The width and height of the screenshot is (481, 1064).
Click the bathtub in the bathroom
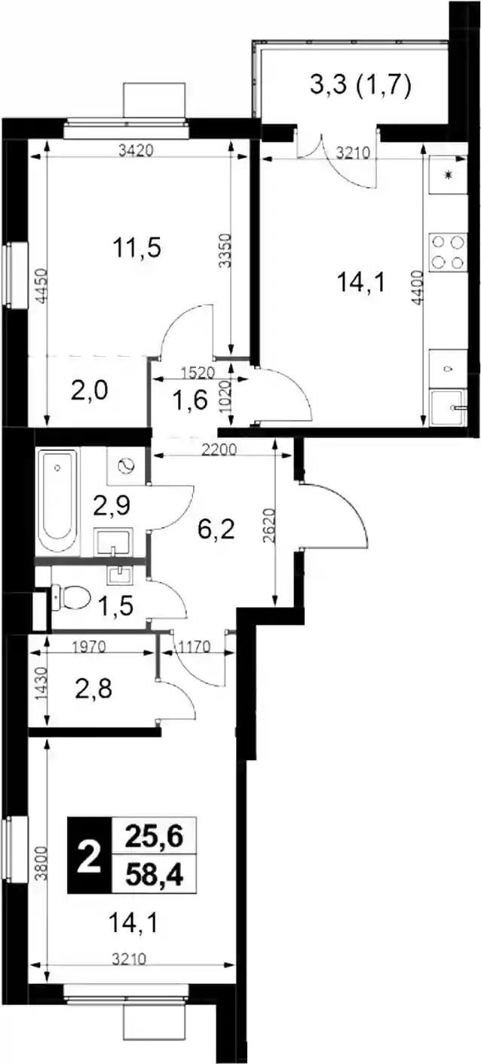[x=57, y=502]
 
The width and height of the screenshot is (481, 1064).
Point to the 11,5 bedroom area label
[x=137, y=248]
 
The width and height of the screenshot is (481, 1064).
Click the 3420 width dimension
[x=136, y=152]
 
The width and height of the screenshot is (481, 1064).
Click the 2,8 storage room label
[x=93, y=688]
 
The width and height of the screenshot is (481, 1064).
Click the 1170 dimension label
[x=193, y=647]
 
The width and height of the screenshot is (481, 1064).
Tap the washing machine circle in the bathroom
[x=127, y=466]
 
